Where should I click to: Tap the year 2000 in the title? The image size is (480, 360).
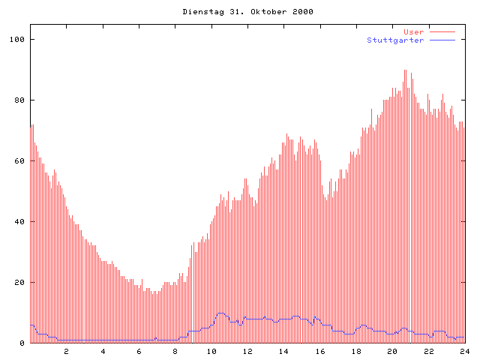point(302,12)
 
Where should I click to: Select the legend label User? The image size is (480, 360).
point(414,32)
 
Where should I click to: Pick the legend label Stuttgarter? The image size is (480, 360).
point(395,40)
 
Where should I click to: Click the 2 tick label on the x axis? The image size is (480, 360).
point(66,351)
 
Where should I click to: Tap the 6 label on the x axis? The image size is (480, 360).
point(139,351)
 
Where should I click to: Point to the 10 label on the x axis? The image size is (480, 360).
point(211,351)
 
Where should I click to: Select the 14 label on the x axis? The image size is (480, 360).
point(283,351)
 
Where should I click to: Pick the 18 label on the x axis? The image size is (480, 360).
point(356,351)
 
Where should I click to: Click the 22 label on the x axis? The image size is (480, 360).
point(428,351)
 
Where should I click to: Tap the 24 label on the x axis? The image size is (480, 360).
point(464,351)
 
